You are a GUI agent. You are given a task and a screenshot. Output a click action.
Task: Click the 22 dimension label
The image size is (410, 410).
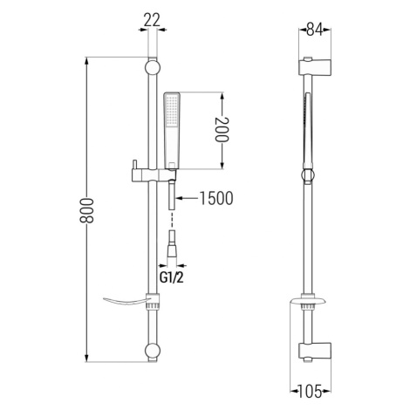click(152, 20)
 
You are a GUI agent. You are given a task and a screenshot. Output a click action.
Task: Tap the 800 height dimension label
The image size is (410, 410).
click(86, 210)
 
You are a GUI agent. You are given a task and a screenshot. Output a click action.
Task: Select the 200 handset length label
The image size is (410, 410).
click(222, 129)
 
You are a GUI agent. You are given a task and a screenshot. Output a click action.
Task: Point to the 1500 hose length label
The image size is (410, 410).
click(216, 198)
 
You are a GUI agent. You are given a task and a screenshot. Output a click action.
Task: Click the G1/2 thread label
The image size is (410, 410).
click(172, 278)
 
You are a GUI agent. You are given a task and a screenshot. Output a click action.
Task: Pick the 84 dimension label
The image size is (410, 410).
click(315, 30)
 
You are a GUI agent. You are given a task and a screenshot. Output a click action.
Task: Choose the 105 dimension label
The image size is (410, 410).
click(310, 391)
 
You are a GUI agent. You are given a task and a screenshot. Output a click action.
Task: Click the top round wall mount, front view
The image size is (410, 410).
click(153, 68)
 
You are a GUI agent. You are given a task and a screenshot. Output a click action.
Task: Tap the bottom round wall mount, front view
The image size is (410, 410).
click(153, 351)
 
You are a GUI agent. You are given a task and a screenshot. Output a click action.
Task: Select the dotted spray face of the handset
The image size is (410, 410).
click(172, 111)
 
